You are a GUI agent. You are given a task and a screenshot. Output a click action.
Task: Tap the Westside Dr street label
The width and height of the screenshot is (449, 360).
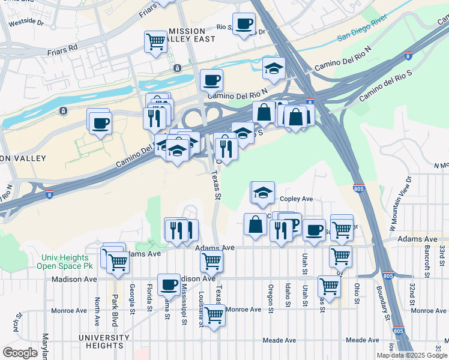[25, 22]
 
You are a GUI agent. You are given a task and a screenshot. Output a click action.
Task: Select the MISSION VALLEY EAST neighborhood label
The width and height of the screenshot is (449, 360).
[191, 35]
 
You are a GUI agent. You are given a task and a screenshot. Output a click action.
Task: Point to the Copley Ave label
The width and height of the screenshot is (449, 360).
[297, 199]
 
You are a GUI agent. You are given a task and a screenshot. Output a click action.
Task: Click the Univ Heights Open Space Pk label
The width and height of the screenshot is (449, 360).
[64, 262]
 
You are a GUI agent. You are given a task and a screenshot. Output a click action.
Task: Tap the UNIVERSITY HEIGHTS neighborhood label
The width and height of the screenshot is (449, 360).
[104, 341]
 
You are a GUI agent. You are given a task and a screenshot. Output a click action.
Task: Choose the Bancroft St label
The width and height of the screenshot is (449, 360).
[427, 256]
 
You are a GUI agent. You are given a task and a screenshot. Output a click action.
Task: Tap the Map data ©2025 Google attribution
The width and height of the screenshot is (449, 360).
[412, 355]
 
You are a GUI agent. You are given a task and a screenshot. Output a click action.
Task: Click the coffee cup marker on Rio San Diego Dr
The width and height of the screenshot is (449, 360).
[243, 24]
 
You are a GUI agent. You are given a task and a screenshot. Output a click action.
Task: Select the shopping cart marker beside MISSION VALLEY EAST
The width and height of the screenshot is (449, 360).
[155, 42]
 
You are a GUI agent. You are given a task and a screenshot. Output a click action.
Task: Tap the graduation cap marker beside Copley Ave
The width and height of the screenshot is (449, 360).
[263, 193]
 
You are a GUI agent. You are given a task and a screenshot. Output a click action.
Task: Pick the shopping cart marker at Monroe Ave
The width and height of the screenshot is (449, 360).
[214, 315]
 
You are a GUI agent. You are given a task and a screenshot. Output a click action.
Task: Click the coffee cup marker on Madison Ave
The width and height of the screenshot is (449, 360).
[169, 284]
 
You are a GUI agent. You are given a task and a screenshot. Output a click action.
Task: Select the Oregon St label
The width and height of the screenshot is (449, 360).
[271, 299]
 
